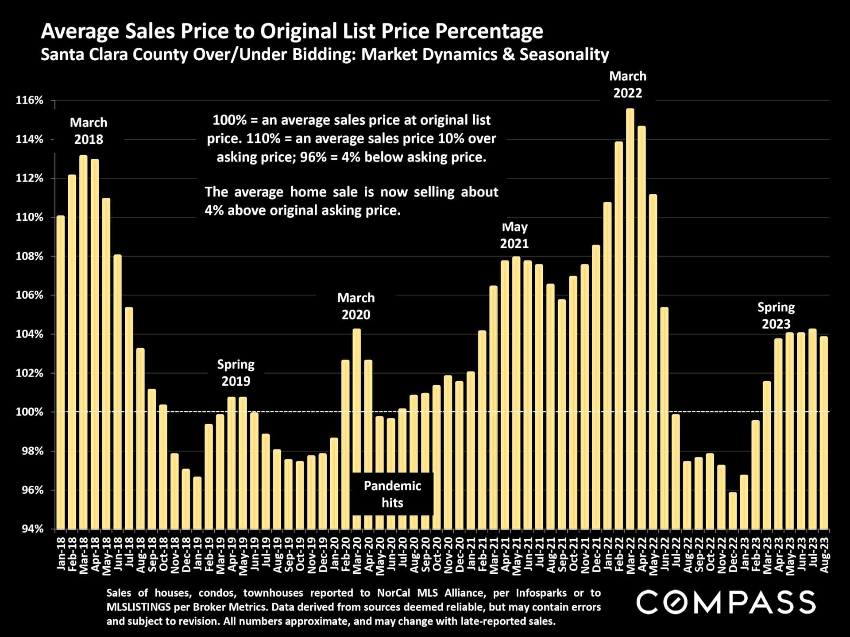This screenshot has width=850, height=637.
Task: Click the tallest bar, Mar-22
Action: [630, 318]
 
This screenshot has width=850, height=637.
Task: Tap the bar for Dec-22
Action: [733, 510]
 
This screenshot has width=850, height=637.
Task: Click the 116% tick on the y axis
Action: [30, 100]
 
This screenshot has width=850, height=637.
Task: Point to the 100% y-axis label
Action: [30, 412]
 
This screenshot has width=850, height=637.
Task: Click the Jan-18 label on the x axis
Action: [61, 553]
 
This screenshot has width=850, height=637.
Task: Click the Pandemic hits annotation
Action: [392, 494]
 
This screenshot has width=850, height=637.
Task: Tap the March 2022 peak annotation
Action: [628, 84]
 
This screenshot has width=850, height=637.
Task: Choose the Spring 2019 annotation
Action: [236, 372]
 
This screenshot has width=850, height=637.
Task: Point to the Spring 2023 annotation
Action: [776, 315]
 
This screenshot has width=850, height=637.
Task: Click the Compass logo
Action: [726, 602]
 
